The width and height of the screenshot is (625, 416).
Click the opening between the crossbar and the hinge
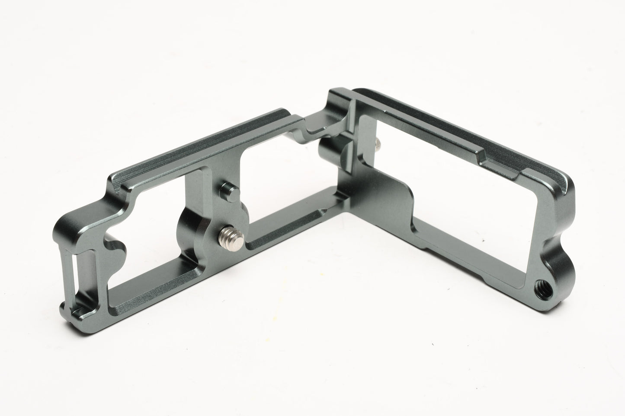click(277, 181)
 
